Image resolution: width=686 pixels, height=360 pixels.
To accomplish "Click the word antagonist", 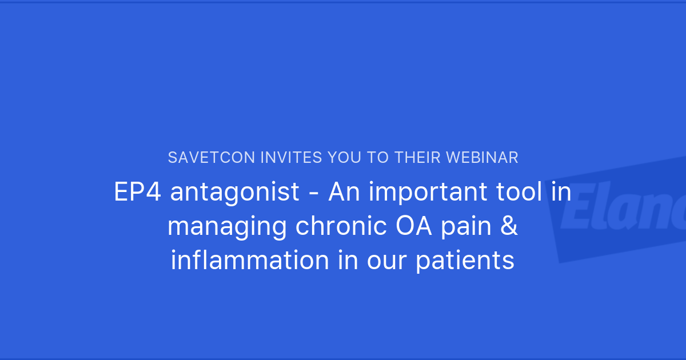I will pos(235,193).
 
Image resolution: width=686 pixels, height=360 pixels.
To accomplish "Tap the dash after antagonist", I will pos(313,193).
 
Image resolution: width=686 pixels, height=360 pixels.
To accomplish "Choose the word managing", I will pos(228,227).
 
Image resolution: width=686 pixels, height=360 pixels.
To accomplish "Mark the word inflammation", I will pos(250,261).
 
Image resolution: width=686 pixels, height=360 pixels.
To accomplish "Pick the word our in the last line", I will pos(387,261).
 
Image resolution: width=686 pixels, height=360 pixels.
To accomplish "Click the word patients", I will pos(465,261).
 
